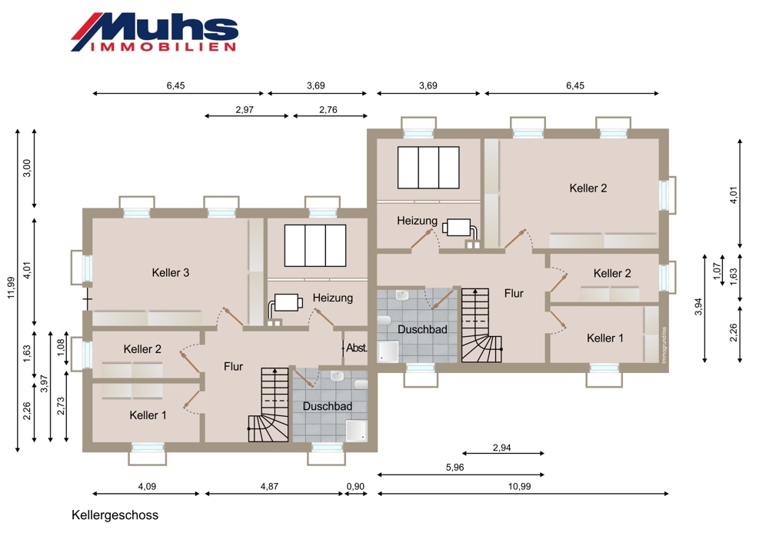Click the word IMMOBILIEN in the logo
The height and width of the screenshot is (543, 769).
[x=163, y=47]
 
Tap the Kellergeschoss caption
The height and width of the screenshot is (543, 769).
[x=115, y=515]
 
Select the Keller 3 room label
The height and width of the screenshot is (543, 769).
[x=170, y=273]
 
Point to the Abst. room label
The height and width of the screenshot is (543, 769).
[x=357, y=348]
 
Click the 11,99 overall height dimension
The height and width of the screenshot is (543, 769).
[x=11, y=288]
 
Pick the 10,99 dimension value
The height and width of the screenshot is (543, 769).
[x=519, y=487]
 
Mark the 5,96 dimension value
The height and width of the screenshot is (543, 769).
[x=454, y=468]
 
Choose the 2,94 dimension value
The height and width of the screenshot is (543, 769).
[x=501, y=448]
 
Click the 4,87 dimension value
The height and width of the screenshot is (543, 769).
[x=269, y=487]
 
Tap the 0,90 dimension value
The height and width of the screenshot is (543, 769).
[x=355, y=487]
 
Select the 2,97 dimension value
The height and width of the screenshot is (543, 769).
[x=245, y=110]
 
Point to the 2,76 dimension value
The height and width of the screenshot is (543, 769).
[x=328, y=110]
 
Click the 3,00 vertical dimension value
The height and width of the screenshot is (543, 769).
[x=27, y=168]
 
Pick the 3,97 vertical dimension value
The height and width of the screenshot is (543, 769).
[x=44, y=384]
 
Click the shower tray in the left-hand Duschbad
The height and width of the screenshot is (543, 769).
[x=356, y=430]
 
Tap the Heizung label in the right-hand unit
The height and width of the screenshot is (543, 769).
[x=417, y=221]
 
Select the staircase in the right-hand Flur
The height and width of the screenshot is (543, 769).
[x=481, y=325]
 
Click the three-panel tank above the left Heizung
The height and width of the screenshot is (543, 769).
[x=315, y=245]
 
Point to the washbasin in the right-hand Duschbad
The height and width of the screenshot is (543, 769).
[x=402, y=296]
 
